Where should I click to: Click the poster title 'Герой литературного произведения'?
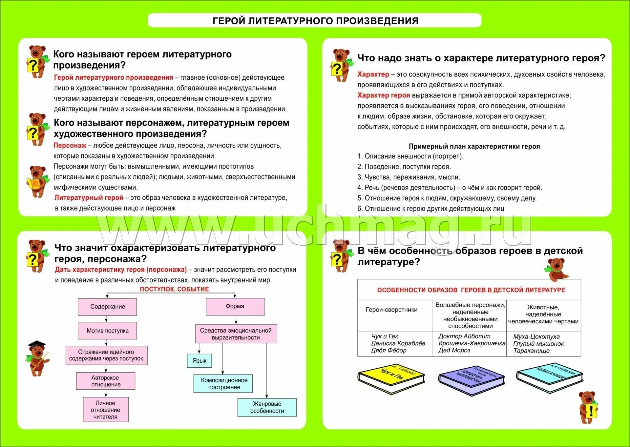(315, 21)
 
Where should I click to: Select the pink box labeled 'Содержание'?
(107, 307)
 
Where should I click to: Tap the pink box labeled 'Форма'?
(235, 306)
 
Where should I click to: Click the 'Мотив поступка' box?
(107, 331)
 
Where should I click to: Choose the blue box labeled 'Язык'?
(199, 360)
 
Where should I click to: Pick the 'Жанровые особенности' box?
(267, 407)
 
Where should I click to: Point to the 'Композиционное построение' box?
(224, 383)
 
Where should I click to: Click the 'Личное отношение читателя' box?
(105, 410)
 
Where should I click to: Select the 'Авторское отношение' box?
(105, 381)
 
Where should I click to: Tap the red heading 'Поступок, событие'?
(174, 289)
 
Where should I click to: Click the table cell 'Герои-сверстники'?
(391, 310)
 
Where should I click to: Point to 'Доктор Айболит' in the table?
(464, 336)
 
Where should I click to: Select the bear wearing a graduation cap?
(37, 358)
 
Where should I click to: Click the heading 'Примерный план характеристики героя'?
(474, 147)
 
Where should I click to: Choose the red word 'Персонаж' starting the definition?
(70, 145)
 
